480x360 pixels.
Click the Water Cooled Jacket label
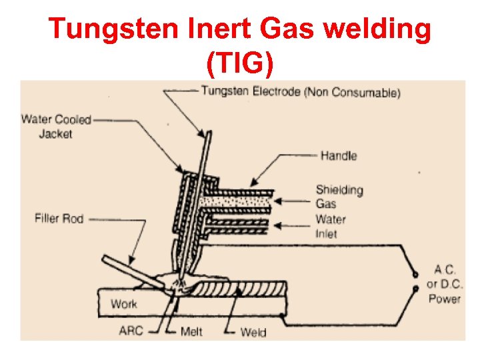pos(56,127)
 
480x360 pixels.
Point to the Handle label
pos(339,156)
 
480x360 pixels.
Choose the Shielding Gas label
pos(339,197)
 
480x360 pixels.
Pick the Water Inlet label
pos(331,226)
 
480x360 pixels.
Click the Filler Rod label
pos(59,218)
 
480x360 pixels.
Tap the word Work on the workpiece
pos(123,304)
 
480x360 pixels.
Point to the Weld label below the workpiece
pos(253,331)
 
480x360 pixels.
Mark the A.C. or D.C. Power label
pos(444,284)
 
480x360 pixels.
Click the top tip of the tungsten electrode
pos(209,131)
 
